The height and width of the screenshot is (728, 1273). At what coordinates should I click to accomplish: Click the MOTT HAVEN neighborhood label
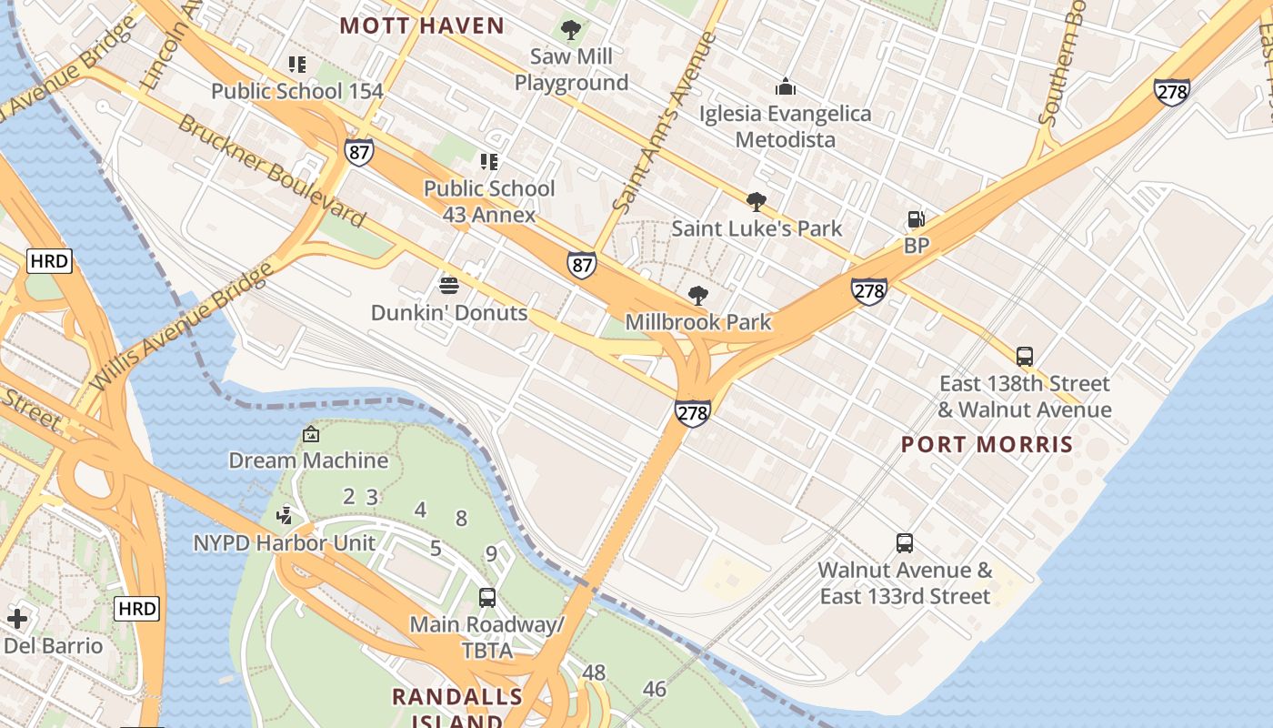[x=422, y=25]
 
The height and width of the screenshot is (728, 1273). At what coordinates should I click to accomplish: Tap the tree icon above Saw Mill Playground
[x=571, y=30]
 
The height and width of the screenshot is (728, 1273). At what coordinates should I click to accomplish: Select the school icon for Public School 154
[x=297, y=65]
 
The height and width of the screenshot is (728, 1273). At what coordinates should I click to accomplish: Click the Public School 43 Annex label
[x=489, y=201]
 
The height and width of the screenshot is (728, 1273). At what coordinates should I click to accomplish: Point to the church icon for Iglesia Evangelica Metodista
[x=786, y=87]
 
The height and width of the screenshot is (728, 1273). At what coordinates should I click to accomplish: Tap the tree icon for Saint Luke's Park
[x=756, y=202]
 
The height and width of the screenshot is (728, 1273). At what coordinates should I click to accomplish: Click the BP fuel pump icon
[x=916, y=219]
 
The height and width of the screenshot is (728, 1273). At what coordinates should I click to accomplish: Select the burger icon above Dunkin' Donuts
[x=448, y=286]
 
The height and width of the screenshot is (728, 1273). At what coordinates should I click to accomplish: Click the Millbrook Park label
[x=698, y=321]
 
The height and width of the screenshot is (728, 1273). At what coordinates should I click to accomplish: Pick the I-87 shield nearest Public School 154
[x=359, y=152]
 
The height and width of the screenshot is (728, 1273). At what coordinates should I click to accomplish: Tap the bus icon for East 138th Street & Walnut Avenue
[x=1025, y=356]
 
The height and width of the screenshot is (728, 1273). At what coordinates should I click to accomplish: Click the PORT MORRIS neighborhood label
[x=987, y=445]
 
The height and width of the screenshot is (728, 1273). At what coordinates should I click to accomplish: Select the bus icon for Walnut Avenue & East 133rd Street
[x=905, y=543]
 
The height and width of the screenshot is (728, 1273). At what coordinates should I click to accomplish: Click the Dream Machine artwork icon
[x=311, y=434]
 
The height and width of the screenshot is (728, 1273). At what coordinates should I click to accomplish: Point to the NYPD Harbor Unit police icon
[x=286, y=516]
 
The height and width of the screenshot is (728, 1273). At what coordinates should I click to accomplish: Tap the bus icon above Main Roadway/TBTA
[x=487, y=598]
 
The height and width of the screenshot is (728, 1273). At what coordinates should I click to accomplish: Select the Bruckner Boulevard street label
[x=272, y=171]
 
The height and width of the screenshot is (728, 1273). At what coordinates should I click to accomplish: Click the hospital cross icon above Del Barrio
[x=16, y=620]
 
